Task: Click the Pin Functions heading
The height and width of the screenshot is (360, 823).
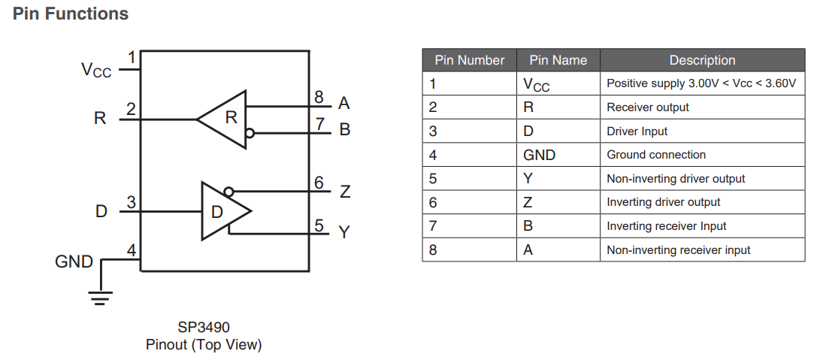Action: pyautogui.click(x=71, y=14)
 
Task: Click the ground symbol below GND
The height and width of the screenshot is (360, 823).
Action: pyautogui.click(x=100, y=296)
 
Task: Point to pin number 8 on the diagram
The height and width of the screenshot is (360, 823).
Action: pyautogui.click(x=319, y=97)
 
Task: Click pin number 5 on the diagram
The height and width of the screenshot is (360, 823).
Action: pyautogui.click(x=319, y=225)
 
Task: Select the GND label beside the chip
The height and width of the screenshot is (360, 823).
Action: pyautogui.click(x=74, y=262)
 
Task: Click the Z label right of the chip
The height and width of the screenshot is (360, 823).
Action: pyautogui.click(x=344, y=192)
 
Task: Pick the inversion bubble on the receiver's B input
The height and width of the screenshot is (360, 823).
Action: pyautogui.click(x=250, y=134)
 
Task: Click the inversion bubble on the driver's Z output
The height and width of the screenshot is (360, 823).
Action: pyautogui.click(x=228, y=191)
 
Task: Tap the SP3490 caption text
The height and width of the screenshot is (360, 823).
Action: pyautogui.click(x=204, y=328)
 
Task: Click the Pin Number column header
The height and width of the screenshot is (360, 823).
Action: pyautogui.click(x=470, y=60)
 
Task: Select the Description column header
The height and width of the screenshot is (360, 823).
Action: pyautogui.click(x=702, y=60)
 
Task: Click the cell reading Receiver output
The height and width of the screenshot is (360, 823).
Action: pyautogui.click(x=648, y=107)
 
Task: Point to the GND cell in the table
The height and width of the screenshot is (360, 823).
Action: pyautogui.click(x=540, y=155)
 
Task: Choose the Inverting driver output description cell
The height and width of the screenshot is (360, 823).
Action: pyautogui.click(x=663, y=202)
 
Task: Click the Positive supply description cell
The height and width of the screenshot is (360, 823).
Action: pyautogui.click(x=700, y=83)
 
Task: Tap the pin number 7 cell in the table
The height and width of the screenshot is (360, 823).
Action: pyautogui.click(x=433, y=226)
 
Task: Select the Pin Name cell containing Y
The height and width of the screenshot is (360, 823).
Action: pyautogui.click(x=528, y=179)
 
